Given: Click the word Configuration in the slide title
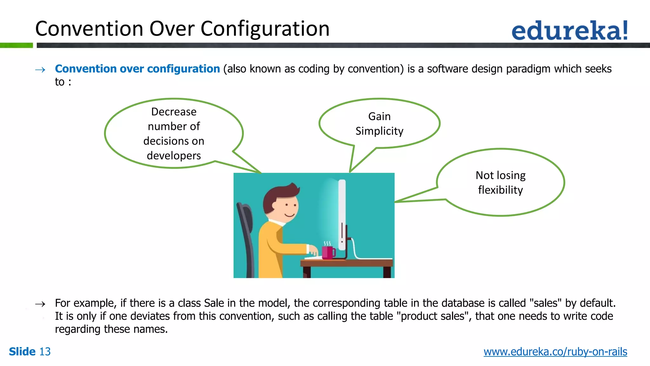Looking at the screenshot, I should point(265,29).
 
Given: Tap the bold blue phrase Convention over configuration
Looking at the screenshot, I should point(137,69).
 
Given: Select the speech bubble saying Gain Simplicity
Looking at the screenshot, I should point(379,124).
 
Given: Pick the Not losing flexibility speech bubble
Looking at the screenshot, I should point(501,183).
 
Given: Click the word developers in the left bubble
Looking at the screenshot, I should point(174,156).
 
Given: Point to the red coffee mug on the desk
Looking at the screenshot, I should point(328,253).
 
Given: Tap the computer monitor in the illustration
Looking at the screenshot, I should point(342,216).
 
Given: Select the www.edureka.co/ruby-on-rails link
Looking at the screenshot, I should point(555,352).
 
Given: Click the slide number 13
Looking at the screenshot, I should point(45,352).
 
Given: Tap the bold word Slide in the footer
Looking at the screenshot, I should point(22,352).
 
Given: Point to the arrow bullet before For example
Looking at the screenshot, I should point(40,304).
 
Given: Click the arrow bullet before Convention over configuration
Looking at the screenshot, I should point(40,70).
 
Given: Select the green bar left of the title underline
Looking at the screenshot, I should point(16,45).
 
